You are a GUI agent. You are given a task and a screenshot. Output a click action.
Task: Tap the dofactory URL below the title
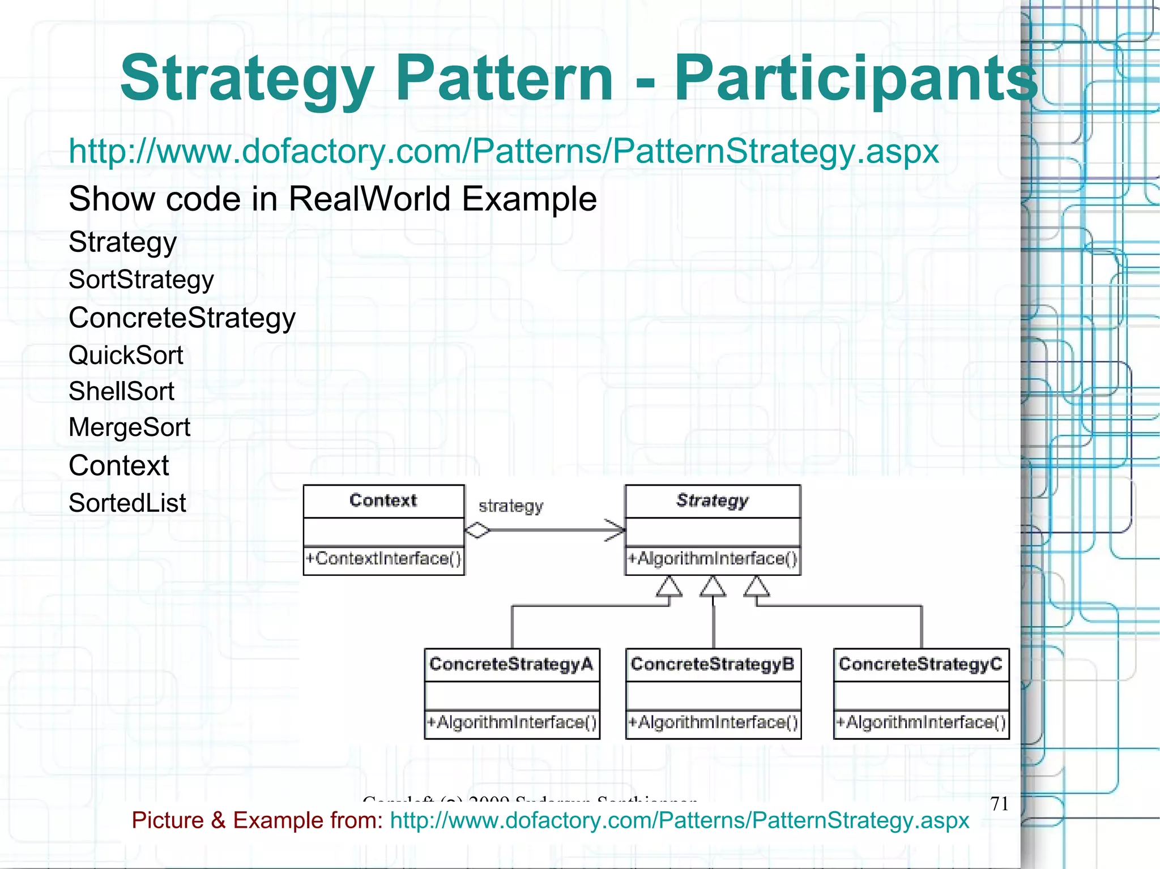(x=503, y=152)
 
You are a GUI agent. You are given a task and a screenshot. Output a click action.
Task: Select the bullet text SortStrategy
(x=141, y=280)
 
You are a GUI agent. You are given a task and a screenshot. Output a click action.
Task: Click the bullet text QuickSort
(x=126, y=356)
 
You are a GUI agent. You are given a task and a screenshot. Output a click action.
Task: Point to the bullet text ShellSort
(x=121, y=392)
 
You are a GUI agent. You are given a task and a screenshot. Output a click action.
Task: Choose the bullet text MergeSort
(x=129, y=427)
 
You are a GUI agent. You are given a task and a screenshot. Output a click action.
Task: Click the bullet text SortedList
(x=127, y=503)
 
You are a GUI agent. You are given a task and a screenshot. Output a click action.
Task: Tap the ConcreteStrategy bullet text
(x=182, y=318)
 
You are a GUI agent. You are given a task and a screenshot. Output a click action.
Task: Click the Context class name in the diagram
(x=383, y=500)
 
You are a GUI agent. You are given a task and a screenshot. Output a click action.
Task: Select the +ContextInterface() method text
(x=383, y=559)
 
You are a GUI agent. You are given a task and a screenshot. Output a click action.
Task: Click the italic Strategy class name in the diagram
(x=713, y=500)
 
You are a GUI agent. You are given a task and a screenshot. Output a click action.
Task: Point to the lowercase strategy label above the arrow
(x=511, y=506)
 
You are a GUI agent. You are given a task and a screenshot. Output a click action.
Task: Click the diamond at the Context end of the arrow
(x=477, y=530)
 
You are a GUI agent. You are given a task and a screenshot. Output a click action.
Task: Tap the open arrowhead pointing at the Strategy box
(x=616, y=530)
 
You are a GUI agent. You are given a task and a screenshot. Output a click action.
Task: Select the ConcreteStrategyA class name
(x=511, y=664)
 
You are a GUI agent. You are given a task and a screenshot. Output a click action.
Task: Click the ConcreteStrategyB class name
(x=713, y=664)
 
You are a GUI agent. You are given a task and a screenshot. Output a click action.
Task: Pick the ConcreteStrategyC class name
(x=921, y=664)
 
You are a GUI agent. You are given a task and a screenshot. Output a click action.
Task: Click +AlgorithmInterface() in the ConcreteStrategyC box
(x=921, y=723)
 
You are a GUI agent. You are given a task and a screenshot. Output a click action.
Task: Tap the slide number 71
(x=1000, y=804)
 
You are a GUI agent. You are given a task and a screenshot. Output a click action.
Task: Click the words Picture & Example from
(x=258, y=820)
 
